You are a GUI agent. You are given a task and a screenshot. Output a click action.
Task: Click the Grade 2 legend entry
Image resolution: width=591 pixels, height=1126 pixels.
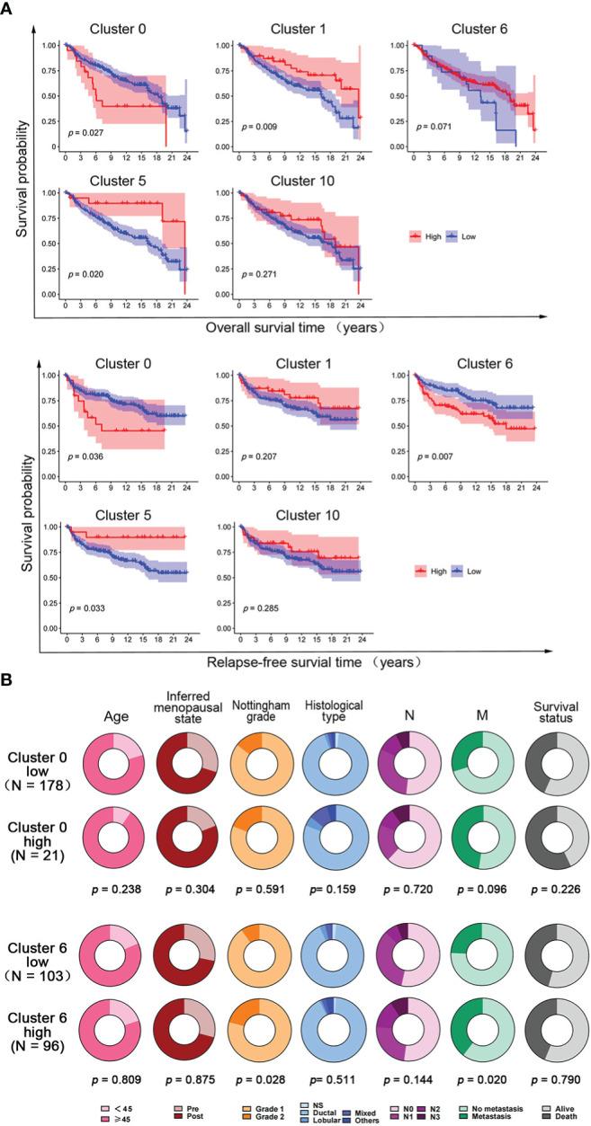[x=265, y=1118]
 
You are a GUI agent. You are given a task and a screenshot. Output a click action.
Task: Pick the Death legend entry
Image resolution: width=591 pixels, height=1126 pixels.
[x=562, y=1118]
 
